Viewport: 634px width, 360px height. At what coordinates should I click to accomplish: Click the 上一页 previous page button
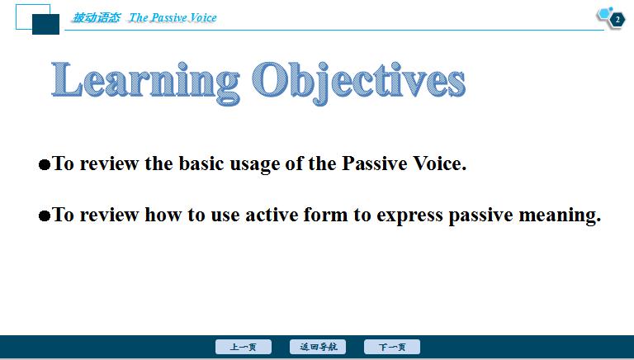click(244, 347)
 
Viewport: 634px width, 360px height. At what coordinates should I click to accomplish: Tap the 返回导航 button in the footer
click(318, 347)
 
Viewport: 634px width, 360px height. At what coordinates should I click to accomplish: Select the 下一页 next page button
click(392, 347)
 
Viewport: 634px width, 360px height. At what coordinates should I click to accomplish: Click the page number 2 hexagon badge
click(617, 20)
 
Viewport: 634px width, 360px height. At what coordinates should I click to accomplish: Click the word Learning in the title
click(145, 82)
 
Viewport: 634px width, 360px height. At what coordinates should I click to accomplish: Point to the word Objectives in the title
click(358, 83)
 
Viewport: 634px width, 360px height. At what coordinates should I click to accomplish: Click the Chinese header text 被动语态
click(97, 18)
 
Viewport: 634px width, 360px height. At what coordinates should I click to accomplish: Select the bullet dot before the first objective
click(45, 165)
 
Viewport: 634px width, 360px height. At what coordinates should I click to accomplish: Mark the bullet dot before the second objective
click(45, 216)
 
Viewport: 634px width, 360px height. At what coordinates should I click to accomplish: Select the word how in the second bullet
click(163, 215)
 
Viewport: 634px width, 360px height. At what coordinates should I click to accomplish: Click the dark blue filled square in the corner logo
click(45, 24)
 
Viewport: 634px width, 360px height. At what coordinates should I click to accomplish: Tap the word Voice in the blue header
click(203, 18)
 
